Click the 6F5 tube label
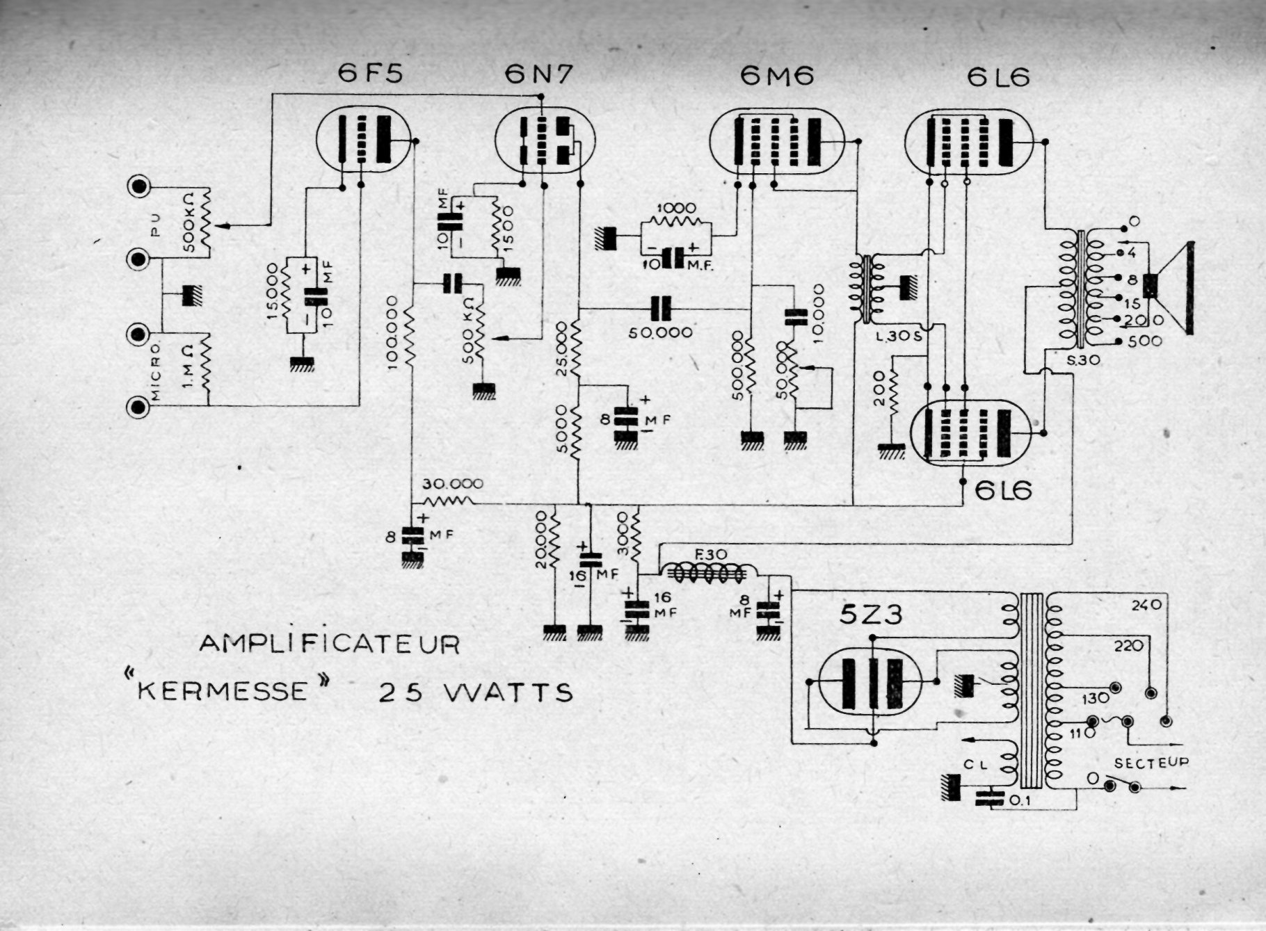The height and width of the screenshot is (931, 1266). point(370,74)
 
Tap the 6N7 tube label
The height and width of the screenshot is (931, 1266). point(539,74)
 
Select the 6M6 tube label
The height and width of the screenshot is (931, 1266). point(776,75)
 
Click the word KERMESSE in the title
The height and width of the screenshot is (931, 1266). point(223,691)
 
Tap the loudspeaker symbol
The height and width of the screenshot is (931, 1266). point(1174,287)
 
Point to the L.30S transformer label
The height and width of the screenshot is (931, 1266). point(902,337)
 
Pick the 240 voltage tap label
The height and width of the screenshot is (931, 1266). point(1146,605)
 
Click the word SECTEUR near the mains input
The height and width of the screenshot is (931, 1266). point(1151,762)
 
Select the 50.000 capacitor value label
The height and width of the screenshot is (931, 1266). point(660,332)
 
